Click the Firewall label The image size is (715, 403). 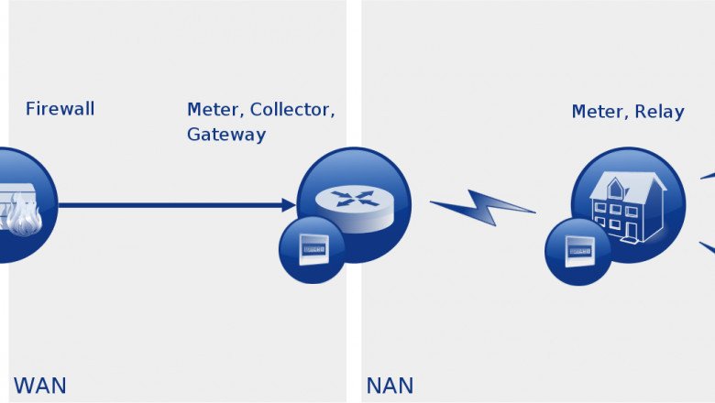click(60, 109)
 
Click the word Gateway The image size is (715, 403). click(226, 135)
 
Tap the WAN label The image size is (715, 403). click(39, 385)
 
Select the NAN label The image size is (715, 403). click(390, 385)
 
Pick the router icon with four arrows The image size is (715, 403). click(353, 198)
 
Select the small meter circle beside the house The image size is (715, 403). click(578, 250)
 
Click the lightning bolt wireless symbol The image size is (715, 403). click(482, 208)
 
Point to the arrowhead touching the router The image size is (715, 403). click(288, 205)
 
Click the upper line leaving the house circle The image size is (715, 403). click(707, 176)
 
